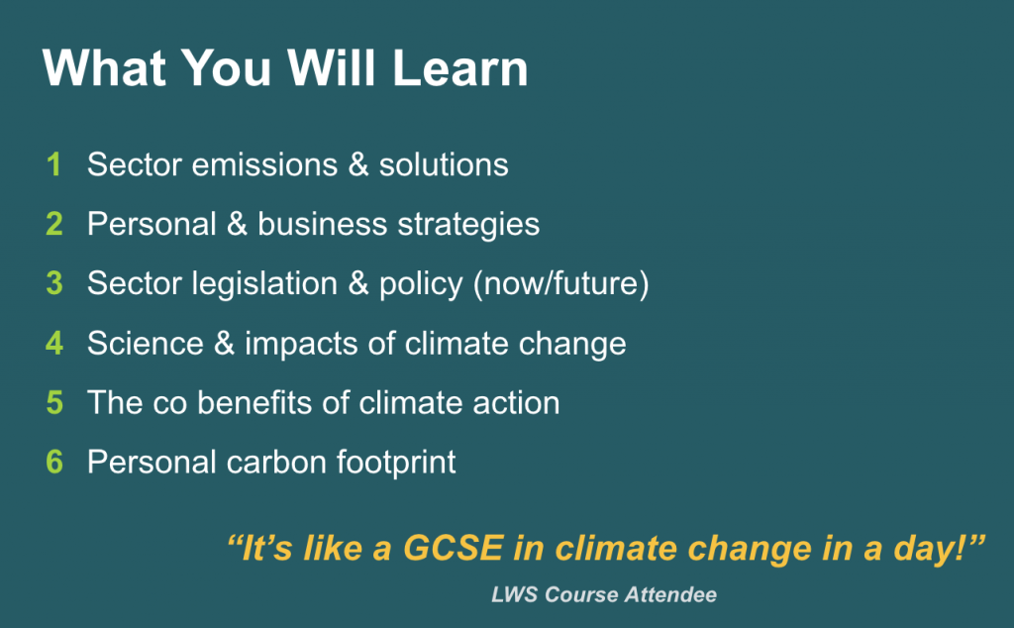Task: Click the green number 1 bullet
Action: pos(54,164)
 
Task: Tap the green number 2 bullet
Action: pos(54,224)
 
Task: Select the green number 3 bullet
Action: pos(54,283)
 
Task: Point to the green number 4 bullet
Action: pos(54,343)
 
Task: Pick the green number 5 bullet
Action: pos(54,402)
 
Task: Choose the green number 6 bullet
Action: pos(54,462)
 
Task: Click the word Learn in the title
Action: pos(460,68)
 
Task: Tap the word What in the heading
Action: pos(104,68)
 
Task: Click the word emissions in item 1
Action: pos(265,164)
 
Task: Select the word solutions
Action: pos(444,164)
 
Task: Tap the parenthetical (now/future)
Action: pos(561,284)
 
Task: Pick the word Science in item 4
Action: pos(146,344)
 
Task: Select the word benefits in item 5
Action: pos(254,402)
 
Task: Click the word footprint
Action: pos(396,463)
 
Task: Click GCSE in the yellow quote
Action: pos(454,548)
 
